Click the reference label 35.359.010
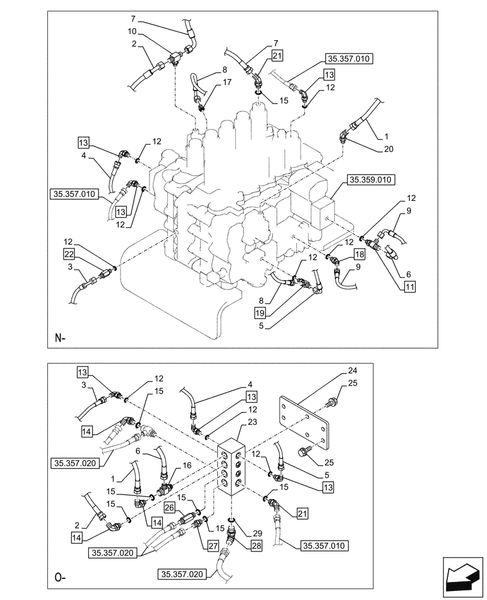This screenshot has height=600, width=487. pos(371,179)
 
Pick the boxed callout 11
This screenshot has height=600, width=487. pos(410,287)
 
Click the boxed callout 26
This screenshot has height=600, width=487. pos(169,507)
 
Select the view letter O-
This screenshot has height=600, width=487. pos(59,580)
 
